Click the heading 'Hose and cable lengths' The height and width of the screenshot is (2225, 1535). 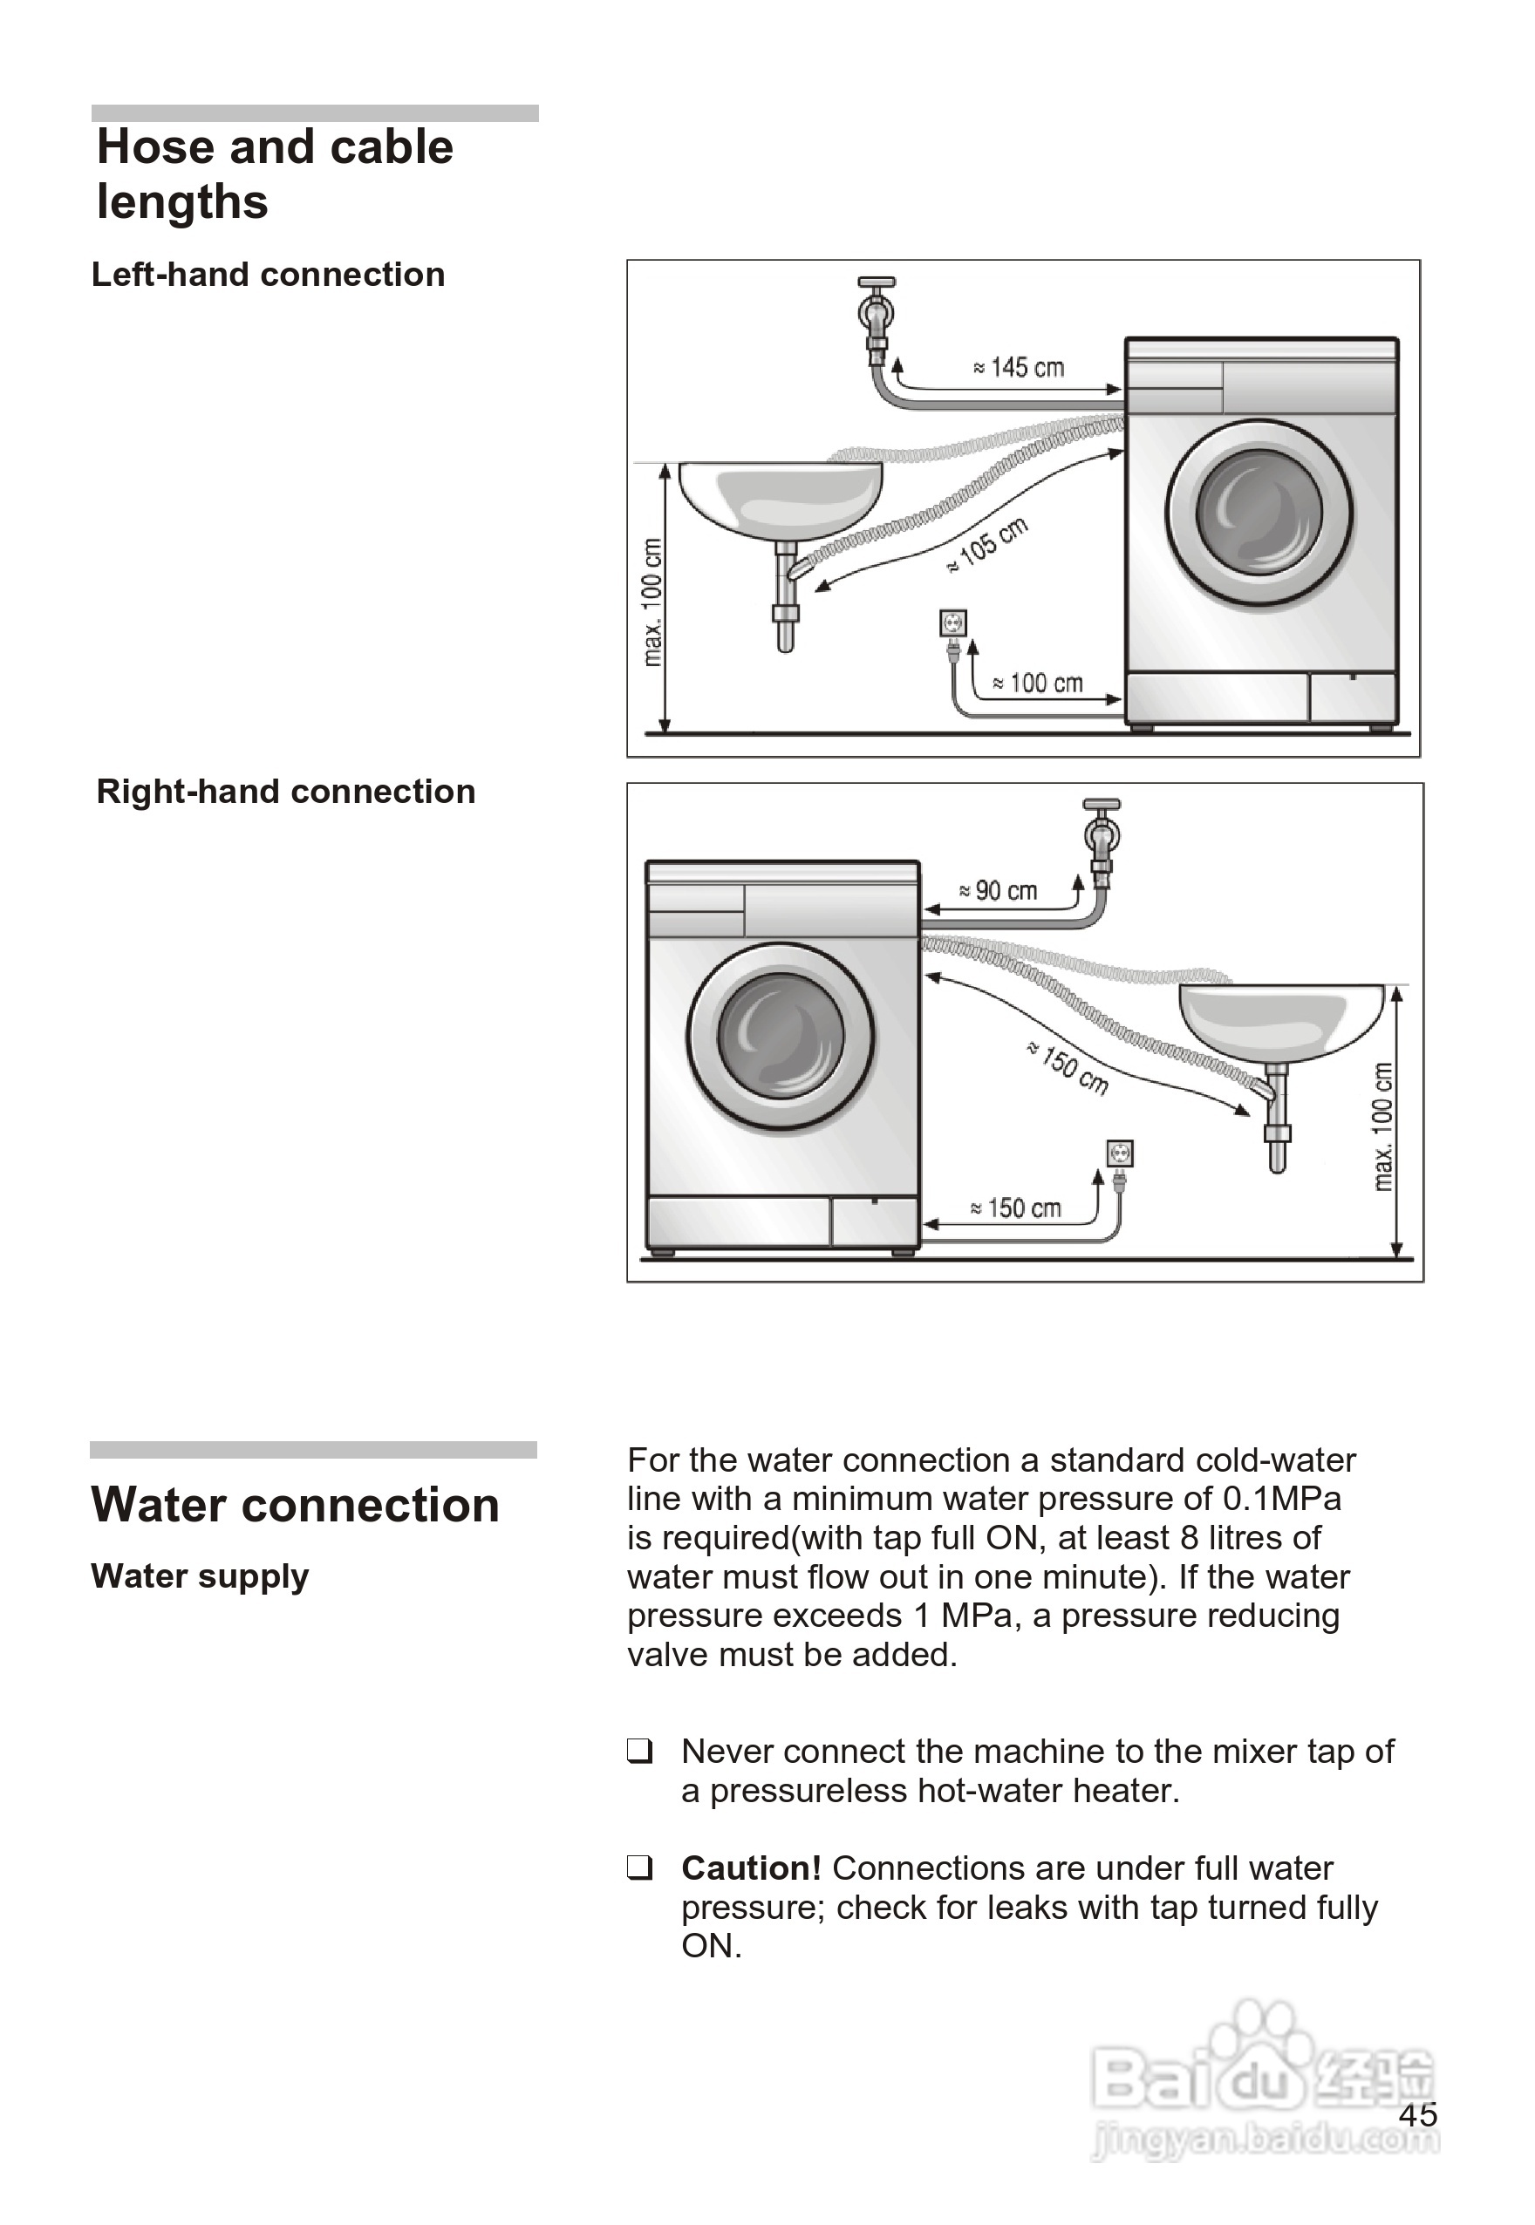click(275, 174)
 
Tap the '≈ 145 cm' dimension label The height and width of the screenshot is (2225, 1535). click(1019, 367)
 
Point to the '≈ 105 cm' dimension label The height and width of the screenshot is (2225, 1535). click(988, 545)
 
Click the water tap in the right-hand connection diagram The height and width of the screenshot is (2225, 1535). click(1102, 836)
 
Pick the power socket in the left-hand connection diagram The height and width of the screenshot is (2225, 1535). click(952, 623)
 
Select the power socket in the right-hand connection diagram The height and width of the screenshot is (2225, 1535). click(1120, 1153)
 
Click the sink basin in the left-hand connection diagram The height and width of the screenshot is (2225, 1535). click(780, 499)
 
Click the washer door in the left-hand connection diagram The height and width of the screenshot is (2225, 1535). click(1259, 514)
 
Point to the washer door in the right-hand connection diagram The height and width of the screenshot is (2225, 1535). click(781, 1037)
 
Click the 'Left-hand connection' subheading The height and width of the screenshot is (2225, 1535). click(269, 275)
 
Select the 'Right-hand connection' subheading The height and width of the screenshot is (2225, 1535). click(286, 792)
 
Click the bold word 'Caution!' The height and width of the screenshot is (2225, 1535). click(751, 1868)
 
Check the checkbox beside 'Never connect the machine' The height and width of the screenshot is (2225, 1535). click(639, 1750)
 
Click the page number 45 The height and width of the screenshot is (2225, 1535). click(1417, 2114)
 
